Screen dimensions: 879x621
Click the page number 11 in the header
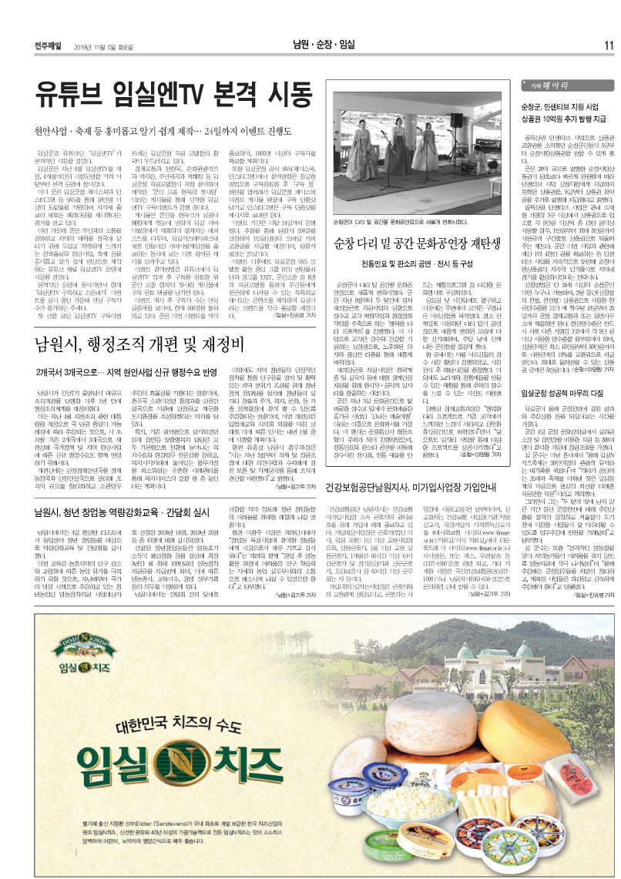click(x=608, y=45)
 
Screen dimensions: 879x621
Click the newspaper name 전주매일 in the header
click(x=49, y=45)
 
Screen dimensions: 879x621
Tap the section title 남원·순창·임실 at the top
click(x=324, y=45)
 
